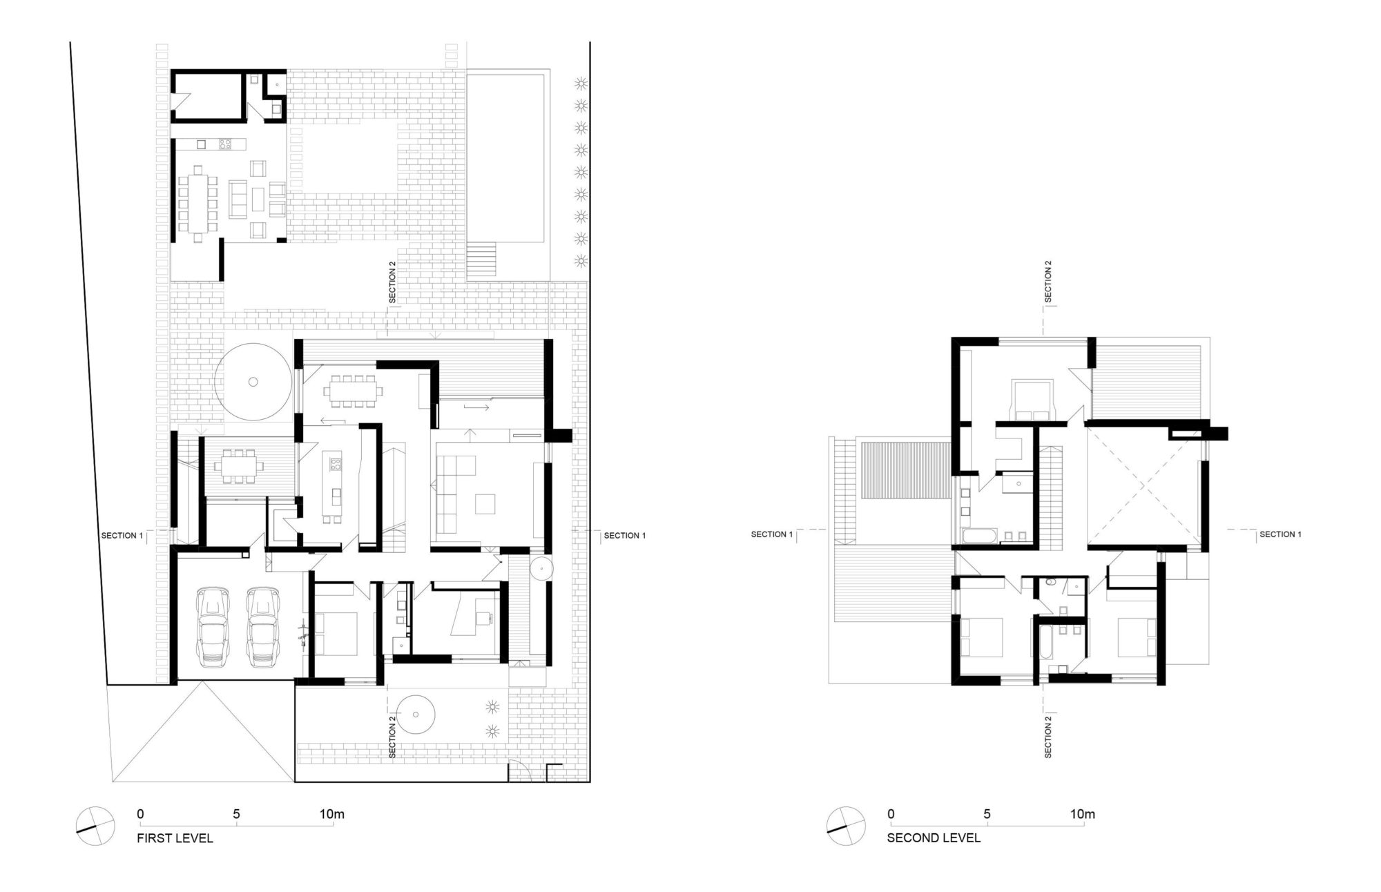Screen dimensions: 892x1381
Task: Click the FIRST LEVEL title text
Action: tap(175, 838)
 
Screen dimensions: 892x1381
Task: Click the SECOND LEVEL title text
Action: tap(933, 838)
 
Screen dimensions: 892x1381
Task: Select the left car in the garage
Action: tap(213, 627)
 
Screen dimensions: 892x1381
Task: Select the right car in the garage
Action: tap(262, 627)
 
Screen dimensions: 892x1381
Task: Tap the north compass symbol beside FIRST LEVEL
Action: tap(95, 826)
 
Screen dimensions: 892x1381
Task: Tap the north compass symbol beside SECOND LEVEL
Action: tap(846, 826)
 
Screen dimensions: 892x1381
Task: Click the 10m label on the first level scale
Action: tap(331, 814)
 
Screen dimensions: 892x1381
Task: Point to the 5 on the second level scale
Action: tap(987, 814)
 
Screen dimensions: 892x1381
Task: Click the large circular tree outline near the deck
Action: tap(253, 381)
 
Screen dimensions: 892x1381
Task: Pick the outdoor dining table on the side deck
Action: tap(238, 466)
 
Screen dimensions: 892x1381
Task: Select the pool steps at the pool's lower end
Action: tap(482, 260)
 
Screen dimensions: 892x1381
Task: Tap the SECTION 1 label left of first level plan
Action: tap(122, 536)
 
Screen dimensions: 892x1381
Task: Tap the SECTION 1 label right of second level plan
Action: tap(1280, 534)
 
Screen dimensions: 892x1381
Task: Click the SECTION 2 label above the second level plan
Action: tap(1047, 282)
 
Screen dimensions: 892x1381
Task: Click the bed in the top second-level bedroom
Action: tap(1032, 398)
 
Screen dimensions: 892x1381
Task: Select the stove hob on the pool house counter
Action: tap(225, 144)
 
